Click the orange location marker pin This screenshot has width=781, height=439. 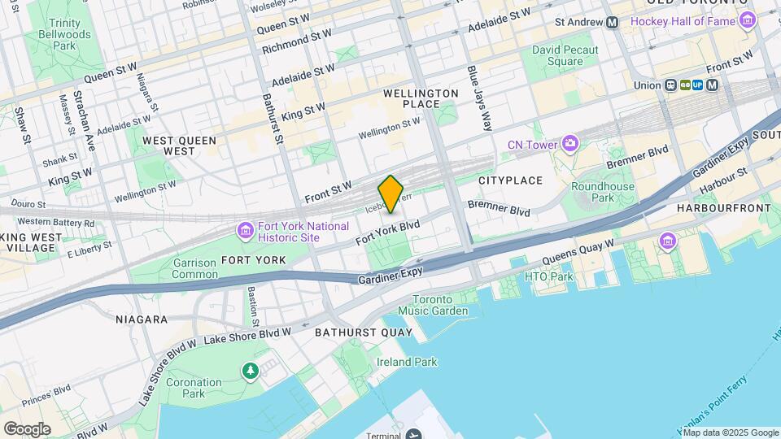[390, 193]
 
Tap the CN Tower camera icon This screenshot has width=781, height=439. [569, 145]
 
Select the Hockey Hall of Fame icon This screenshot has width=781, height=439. [746, 21]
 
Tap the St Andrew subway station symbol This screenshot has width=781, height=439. [612, 22]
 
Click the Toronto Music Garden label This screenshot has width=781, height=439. [439, 305]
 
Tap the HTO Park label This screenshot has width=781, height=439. [548, 276]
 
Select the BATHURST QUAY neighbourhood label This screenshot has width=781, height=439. [363, 333]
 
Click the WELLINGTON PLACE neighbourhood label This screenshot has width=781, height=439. [421, 98]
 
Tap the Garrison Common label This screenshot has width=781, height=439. [194, 268]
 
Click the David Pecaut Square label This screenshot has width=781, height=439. [565, 55]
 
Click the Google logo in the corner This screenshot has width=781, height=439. [27, 428]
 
